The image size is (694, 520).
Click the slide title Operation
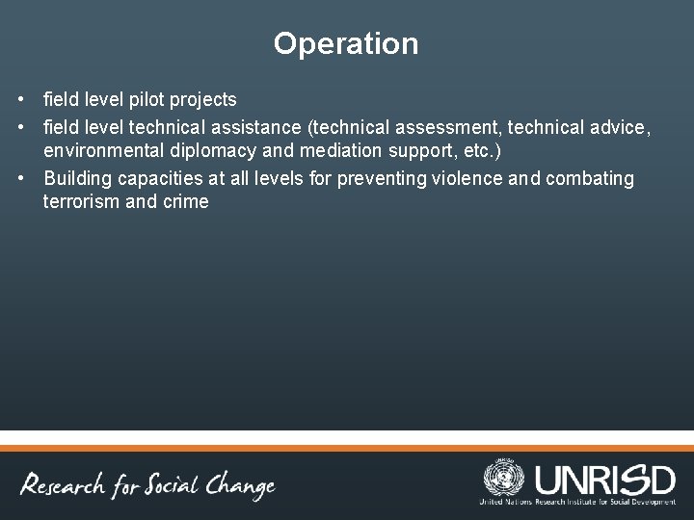pyautogui.click(x=346, y=44)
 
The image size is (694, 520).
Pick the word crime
pyautogui.click(x=185, y=201)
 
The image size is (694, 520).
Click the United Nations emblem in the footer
pyautogui.click(x=503, y=479)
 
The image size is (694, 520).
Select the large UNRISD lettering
pyautogui.click(x=604, y=478)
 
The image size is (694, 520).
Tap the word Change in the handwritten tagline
pyautogui.click(x=237, y=486)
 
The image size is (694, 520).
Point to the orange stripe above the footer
pyautogui.click(x=347, y=447)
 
